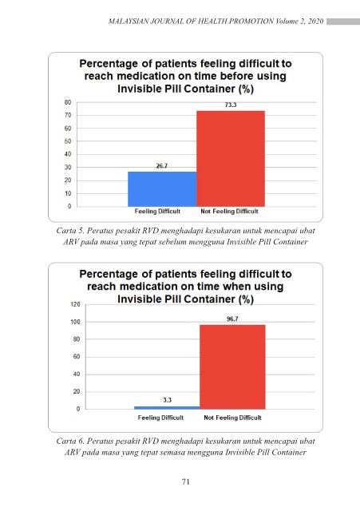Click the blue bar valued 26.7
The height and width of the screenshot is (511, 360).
coord(162,189)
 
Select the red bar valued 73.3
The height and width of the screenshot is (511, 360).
coord(231,158)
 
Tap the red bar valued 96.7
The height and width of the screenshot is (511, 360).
coord(232,366)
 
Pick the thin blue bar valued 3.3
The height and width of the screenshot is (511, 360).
coord(167,408)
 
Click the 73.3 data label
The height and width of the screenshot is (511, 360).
coord(231,105)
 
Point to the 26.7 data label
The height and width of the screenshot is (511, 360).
coord(162,166)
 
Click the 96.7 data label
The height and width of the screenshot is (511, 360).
coord(232,319)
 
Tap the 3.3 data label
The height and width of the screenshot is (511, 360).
coord(167,400)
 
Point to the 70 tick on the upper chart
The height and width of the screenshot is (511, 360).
coord(68,115)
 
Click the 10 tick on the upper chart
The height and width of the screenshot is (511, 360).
coord(68,193)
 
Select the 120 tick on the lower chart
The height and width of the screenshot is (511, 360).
coord(75,304)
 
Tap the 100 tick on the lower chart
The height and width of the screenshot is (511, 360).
coord(75,322)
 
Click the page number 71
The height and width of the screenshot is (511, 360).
coord(186,481)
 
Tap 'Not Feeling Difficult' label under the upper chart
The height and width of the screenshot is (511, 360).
coord(229,211)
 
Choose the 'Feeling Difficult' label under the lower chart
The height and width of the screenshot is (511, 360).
coord(160,418)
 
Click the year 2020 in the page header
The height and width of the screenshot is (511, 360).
coord(315,22)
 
